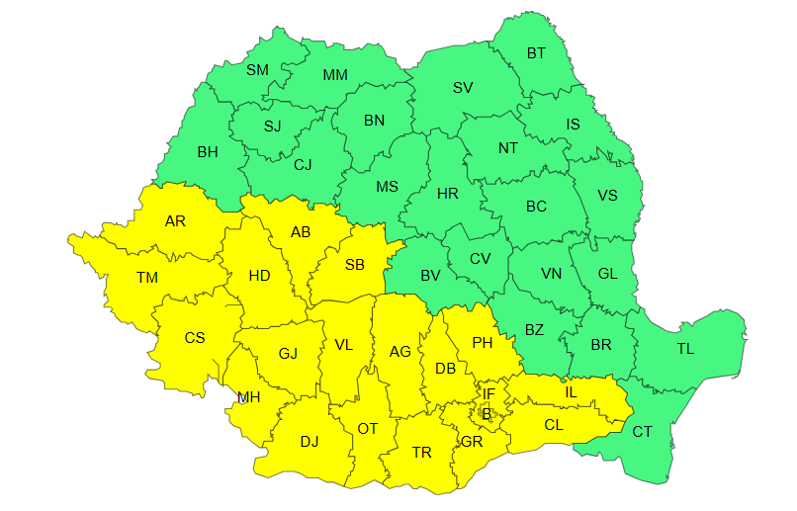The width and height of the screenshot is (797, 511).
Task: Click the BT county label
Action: (536, 53)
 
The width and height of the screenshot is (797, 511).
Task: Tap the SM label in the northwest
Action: (257, 69)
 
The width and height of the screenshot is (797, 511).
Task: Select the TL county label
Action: (685, 349)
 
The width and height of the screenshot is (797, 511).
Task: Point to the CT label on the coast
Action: (642, 431)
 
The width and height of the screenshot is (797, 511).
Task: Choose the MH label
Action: (248, 398)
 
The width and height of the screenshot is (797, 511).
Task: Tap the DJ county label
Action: (310, 441)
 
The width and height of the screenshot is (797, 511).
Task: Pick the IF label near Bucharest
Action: (487, 393)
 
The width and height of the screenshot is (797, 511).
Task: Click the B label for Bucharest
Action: (486, 413)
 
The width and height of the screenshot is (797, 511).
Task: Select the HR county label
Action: (448, 194)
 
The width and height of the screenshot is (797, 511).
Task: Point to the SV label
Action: (463, 87)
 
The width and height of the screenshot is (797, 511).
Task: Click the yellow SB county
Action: (354, 264)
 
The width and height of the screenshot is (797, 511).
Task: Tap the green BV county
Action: (429, 276)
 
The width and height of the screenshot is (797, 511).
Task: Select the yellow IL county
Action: (571, 392)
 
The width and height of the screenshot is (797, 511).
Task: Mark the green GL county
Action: (607, 274)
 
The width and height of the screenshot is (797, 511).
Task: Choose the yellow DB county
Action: (445, 369)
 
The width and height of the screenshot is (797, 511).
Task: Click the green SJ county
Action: (272, 127)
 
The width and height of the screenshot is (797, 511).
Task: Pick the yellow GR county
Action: (471, 441)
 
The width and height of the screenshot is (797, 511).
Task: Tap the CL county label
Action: (554, 425)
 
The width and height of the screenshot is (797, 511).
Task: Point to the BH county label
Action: (208, 152)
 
